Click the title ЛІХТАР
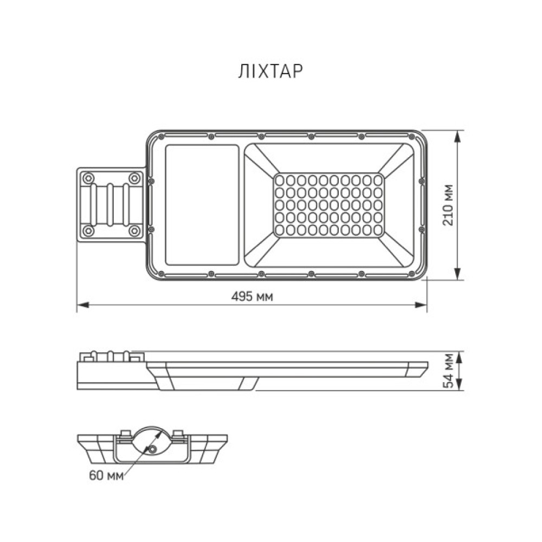269,72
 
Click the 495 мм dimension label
252,296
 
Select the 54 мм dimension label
448,371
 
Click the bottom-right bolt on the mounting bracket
133,231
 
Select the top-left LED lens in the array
280,180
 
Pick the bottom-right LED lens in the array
377,230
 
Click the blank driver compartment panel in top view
202,205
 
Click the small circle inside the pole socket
154,450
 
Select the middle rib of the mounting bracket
111,204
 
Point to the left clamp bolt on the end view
125,434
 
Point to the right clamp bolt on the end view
177,434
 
